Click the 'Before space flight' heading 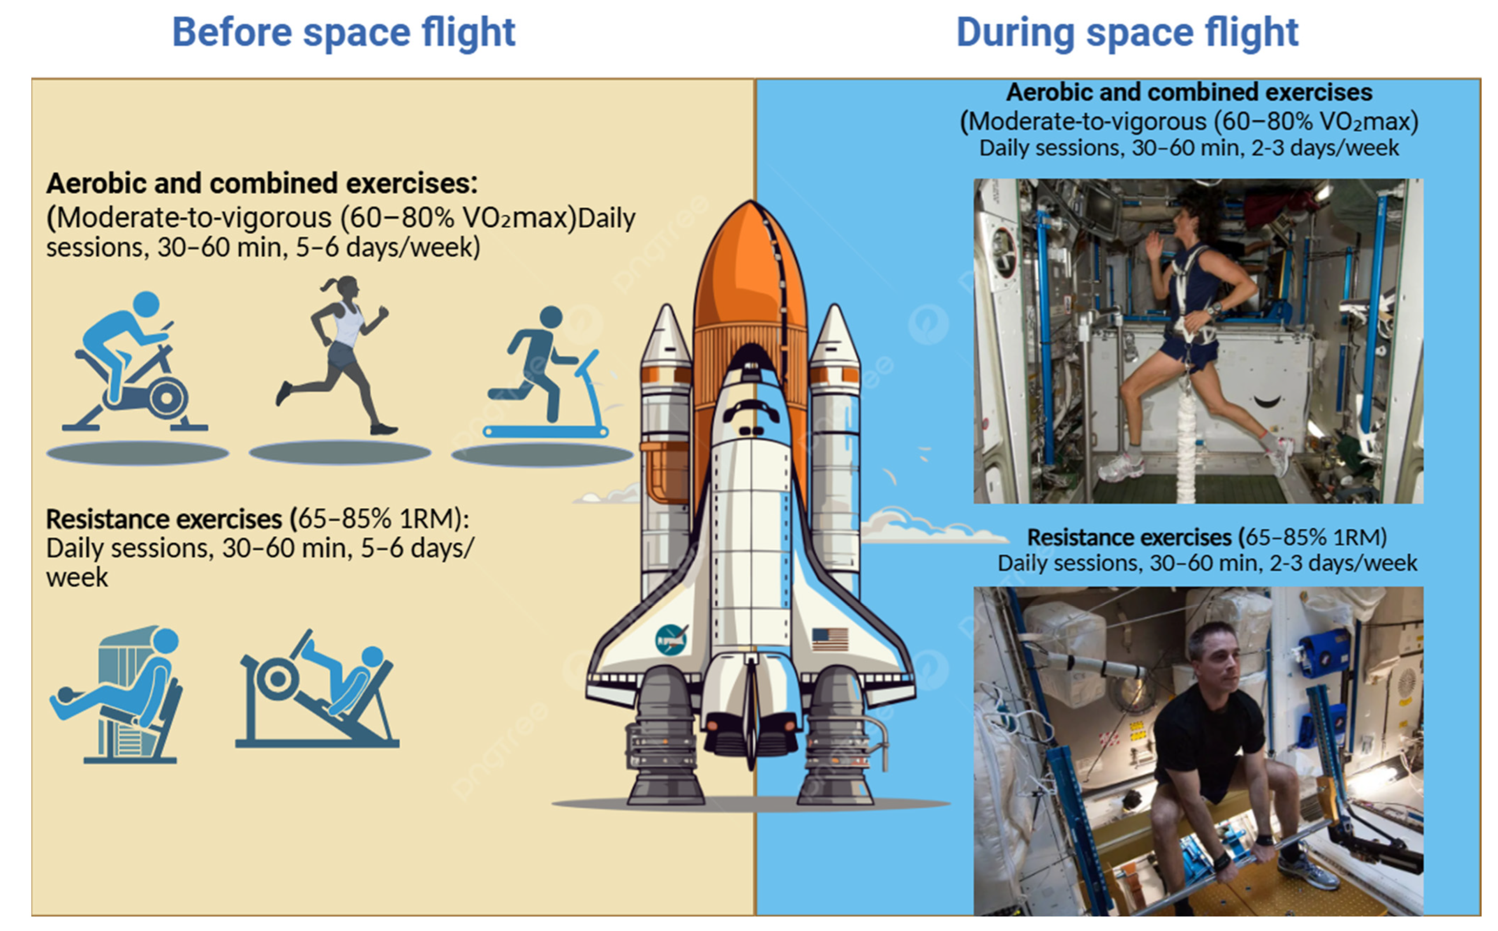[344, 33]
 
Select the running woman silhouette [336, 355]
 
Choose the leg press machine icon [317, 690]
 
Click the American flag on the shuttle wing [830, 639]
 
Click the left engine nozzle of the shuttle [665, 739]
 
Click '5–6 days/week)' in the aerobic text [388, 248]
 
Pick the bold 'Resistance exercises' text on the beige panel [164, 519]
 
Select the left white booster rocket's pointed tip [666, 311]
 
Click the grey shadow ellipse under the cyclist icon [138, 454]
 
